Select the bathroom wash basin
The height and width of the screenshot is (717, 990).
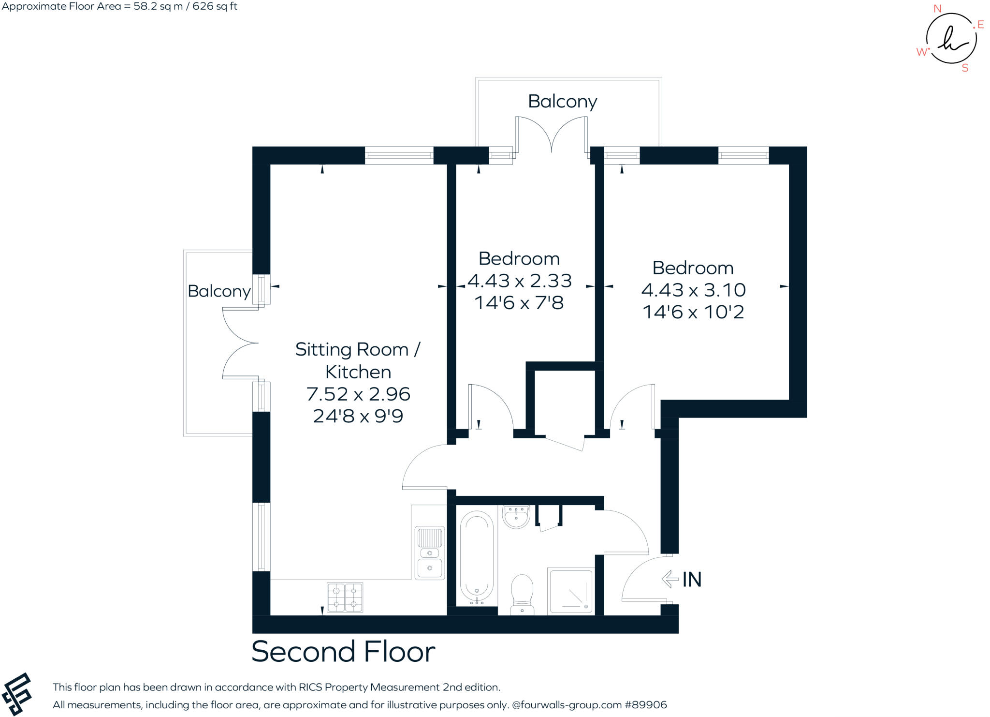(516, 517)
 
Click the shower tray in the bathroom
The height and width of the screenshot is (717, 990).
(571, 590)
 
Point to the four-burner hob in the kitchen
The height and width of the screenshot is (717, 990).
(345, 597)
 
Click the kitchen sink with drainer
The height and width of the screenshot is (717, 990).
(429, 553)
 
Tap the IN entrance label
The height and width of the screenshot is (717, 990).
(692, 579)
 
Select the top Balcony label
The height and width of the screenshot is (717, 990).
(562, 102)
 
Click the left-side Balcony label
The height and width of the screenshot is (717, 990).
(219, 291)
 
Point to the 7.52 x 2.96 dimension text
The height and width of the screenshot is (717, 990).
(358, 394)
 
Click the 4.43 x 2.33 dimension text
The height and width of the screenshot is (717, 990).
(520, 281)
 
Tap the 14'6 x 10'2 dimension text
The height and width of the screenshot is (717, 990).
(693, 312)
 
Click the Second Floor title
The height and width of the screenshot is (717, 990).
(343, 651)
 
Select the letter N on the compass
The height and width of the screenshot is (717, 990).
(937, 9)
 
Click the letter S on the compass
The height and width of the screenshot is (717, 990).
(965, 68)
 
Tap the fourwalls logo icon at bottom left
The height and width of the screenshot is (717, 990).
(16, 693)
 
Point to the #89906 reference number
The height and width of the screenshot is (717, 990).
(646, 705)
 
